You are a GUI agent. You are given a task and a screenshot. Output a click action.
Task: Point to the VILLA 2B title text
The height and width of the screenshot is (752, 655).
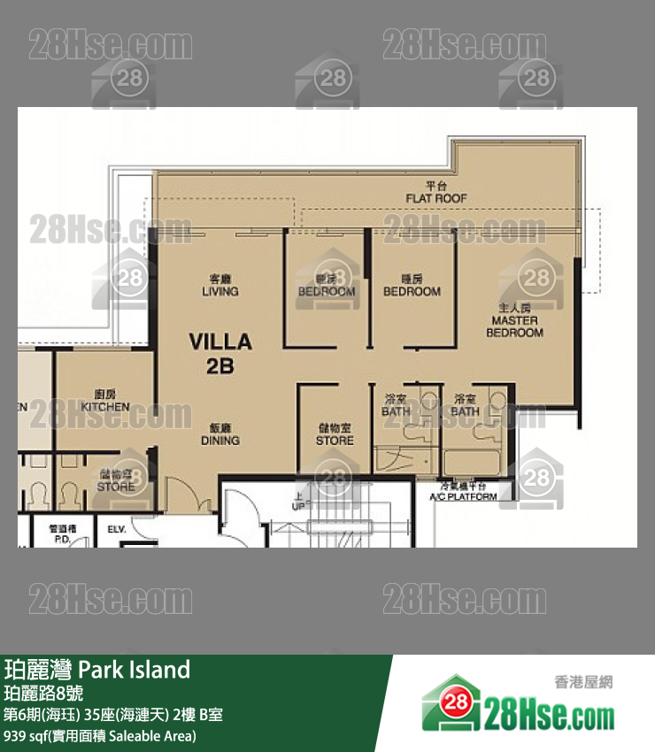[220, 353]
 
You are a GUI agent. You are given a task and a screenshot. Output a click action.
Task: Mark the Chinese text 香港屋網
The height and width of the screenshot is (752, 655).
[583, 682]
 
